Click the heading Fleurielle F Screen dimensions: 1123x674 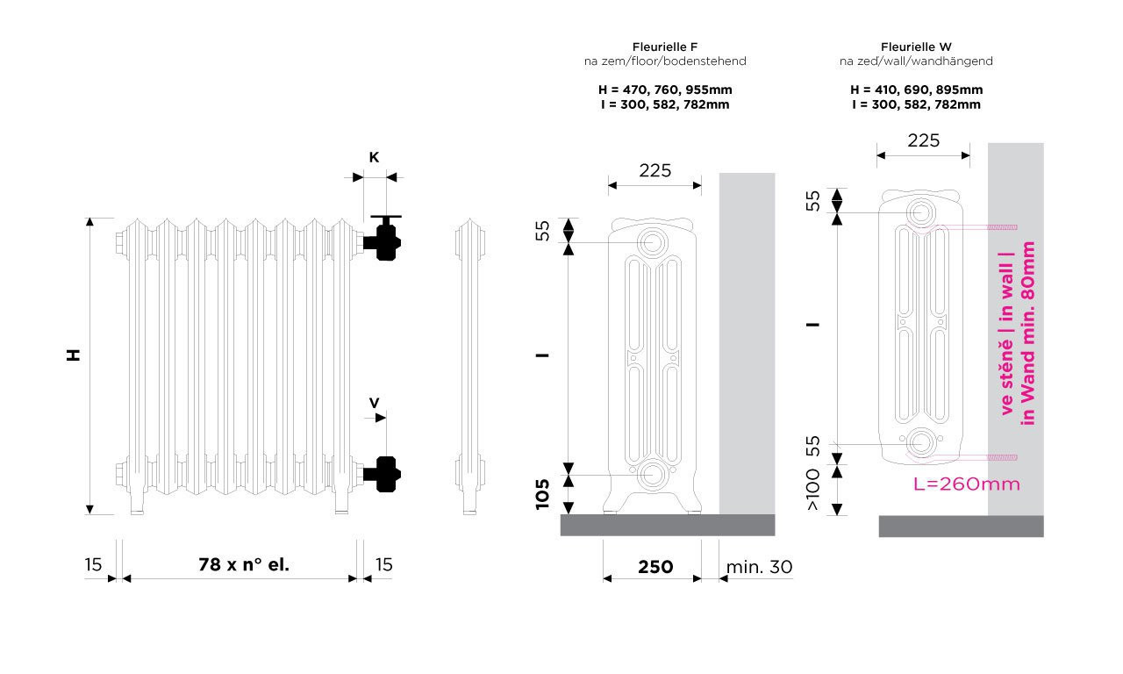[665, 47]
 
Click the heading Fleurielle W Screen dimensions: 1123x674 [916, 47]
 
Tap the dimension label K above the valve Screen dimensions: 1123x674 [374, 157]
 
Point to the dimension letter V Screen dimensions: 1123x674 [374, 403]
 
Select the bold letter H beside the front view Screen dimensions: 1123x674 [74, 355]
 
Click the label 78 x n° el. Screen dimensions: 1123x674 [244, 564]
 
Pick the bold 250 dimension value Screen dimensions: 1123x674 [655, 567]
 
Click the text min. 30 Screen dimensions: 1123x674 [759, 567]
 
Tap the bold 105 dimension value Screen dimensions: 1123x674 [542, 494]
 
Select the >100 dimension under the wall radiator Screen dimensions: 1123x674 [812, 490]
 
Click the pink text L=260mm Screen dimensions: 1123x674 [967, 484]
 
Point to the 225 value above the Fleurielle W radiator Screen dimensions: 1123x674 [924, 141]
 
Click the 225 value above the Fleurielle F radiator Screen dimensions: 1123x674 [654, 171]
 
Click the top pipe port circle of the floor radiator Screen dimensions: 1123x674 [652, 243]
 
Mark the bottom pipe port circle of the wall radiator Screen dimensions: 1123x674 [921, 443]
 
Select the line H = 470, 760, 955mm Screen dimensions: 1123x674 [665, 90]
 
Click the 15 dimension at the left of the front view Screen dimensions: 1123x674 [93, 564]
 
